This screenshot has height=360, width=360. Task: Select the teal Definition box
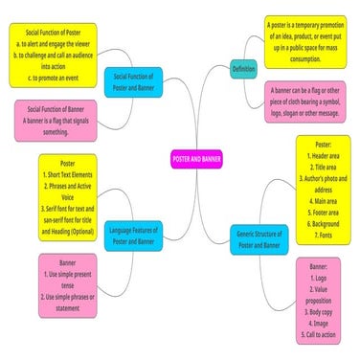pos(243,69)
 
